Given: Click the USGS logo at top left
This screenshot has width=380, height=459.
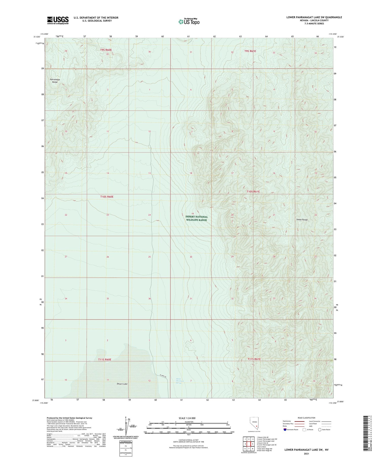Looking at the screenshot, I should point(58,20).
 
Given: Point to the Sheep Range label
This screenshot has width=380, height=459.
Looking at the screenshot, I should point(302,220).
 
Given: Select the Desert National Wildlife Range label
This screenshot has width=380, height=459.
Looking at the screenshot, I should point(197,218).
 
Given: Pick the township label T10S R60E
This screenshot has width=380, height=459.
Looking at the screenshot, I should point(107,197).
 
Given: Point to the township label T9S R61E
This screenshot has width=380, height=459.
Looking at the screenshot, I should point(250,51).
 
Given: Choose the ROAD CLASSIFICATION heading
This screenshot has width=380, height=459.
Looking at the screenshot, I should point(307,418).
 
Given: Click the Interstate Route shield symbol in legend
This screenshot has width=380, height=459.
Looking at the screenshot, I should point(285,430).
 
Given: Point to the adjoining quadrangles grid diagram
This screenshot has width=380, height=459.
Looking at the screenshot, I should point(249,444).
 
